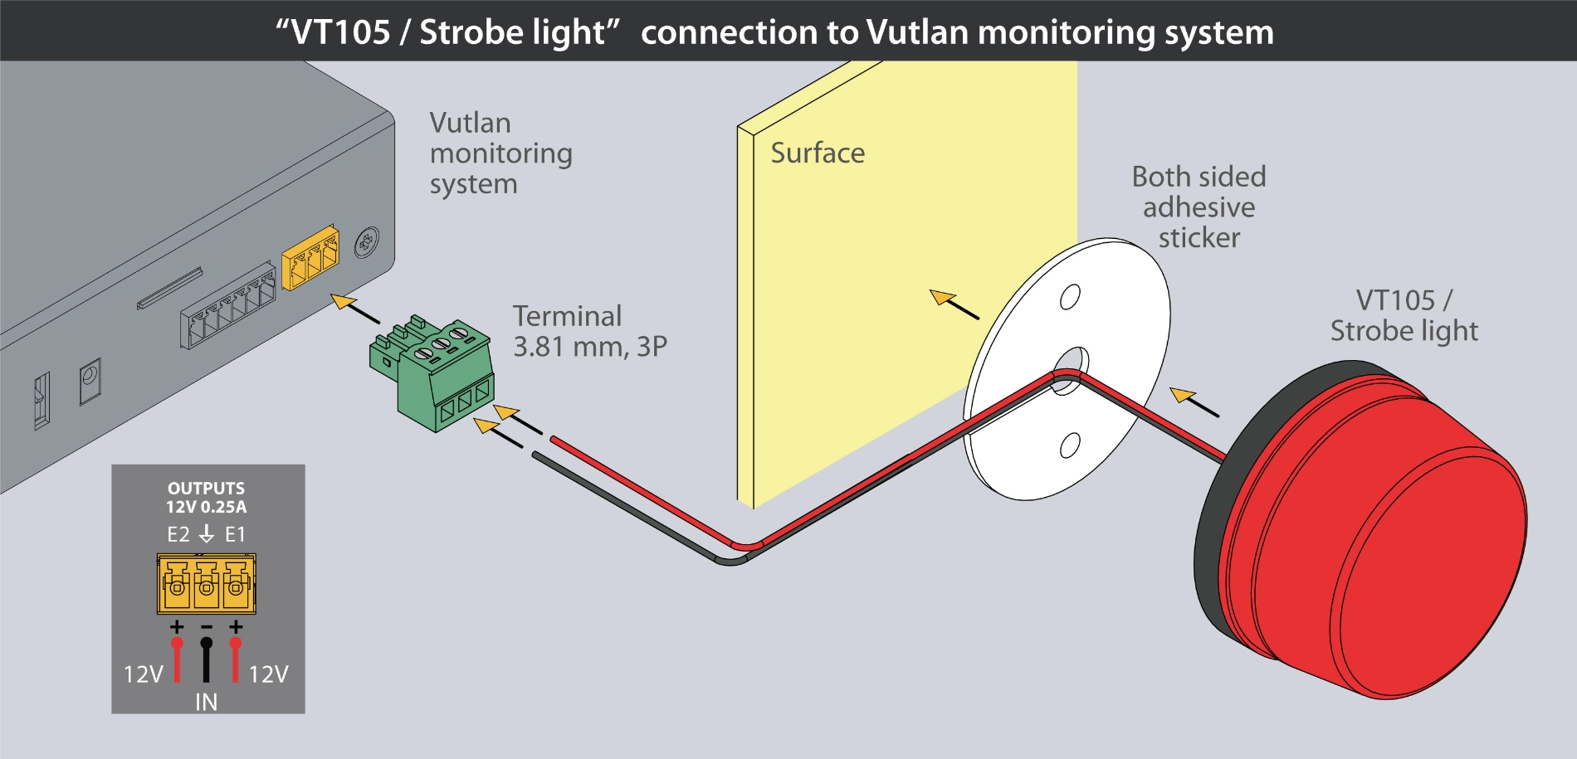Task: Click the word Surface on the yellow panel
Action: pyautogui.click(x=818, y=153)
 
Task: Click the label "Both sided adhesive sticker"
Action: pyautogui.click(x=1199, y=207)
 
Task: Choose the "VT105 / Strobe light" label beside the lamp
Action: pyautogui.click(x=1404, y=316)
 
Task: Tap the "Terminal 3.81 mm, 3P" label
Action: pyautogui.click(x=589, y=331)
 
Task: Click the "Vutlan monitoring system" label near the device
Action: pyautogui.click(x=500, y=153)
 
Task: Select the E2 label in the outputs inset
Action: pyautogui.click(x=178, y=535)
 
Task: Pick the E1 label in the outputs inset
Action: pyautogui.click(x=236, y=535)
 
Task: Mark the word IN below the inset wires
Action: pyautogui.click(x=206, y=703)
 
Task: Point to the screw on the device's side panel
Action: pyautogui.click(x=367, y=243)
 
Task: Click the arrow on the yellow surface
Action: pyautogui.click(x=954, y=304)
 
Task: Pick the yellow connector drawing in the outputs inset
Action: pyautogui.click(x=206, y=584)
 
